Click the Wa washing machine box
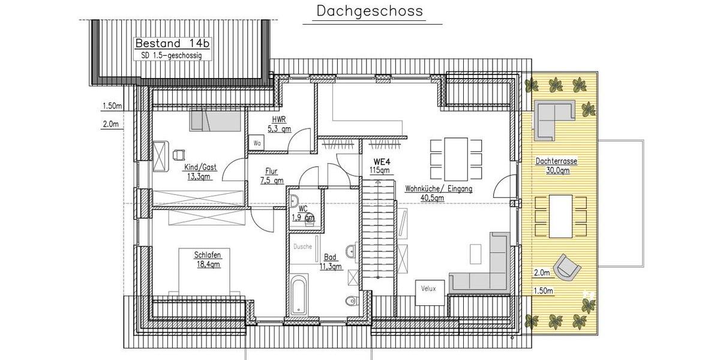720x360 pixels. click(x=257, y=143)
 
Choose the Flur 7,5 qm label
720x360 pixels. click(x=272, y=175)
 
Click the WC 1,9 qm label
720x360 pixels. click(x=303, y=213)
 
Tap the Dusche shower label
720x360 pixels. click(x=302, y=245)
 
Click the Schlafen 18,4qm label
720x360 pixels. click(x=207, y=259)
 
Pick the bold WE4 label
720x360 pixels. click(x=382, y=162)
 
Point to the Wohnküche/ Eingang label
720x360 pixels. click(x=439, y=193)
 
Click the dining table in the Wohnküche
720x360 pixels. click(x=456, y=158)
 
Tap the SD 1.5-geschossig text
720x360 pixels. click(x=168, y=55)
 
